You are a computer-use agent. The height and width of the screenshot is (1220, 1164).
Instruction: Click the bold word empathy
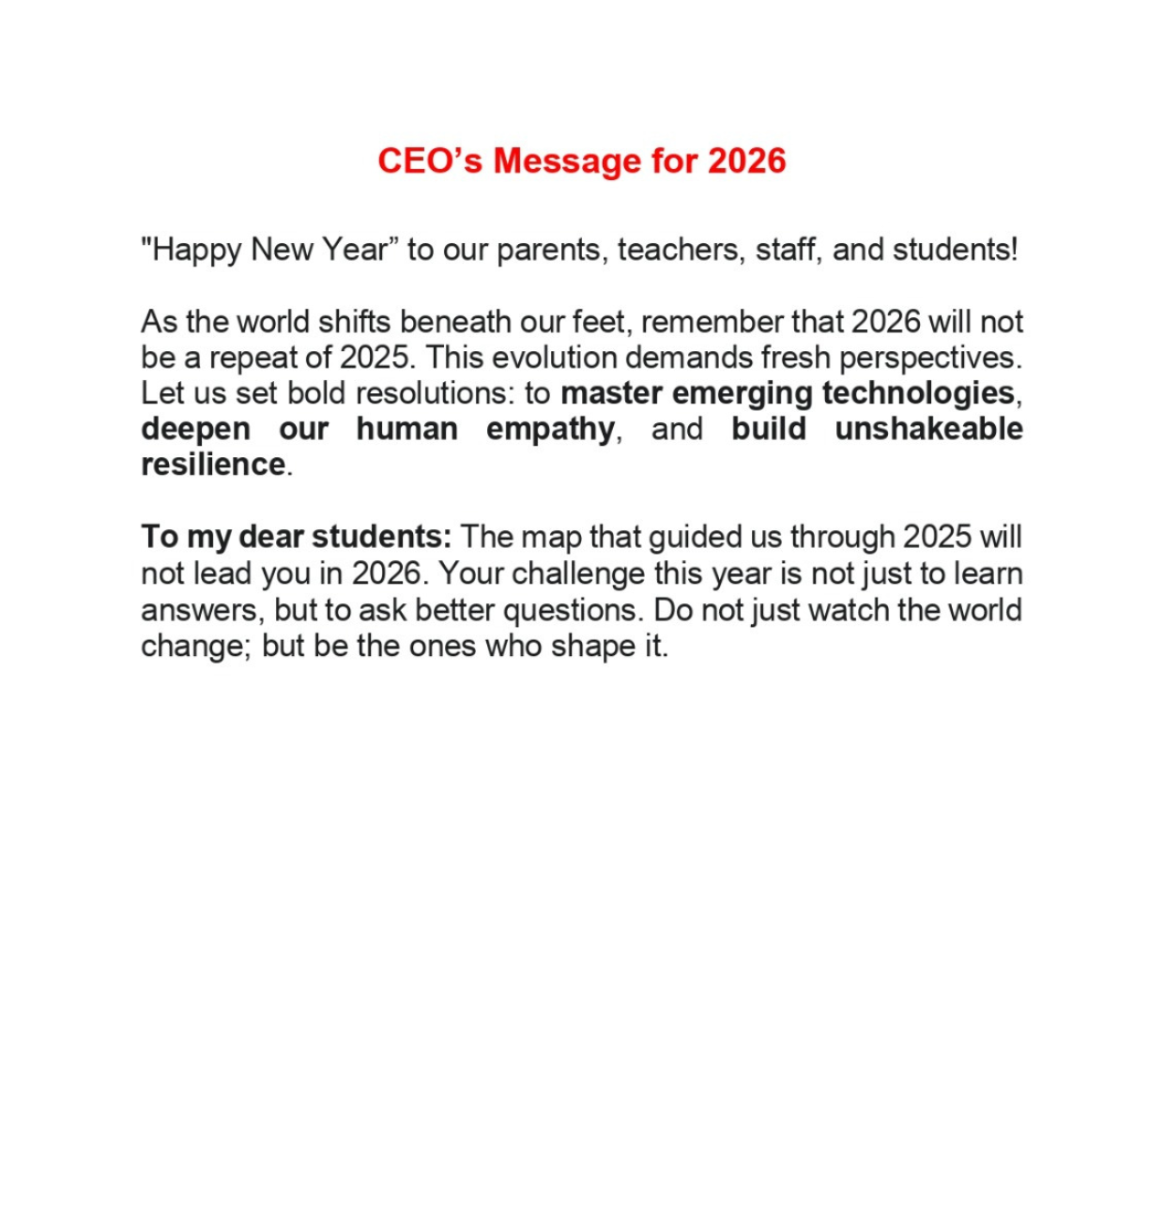pyautogui.click(x=550, y=430)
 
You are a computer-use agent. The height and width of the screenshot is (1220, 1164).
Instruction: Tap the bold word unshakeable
pyautogui.click(x=928, y=429)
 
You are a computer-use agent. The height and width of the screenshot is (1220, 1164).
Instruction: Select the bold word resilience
pyautogui.click(x=213, y=465)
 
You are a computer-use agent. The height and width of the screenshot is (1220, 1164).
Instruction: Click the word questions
pyautogui.click(x=573, y=610)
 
